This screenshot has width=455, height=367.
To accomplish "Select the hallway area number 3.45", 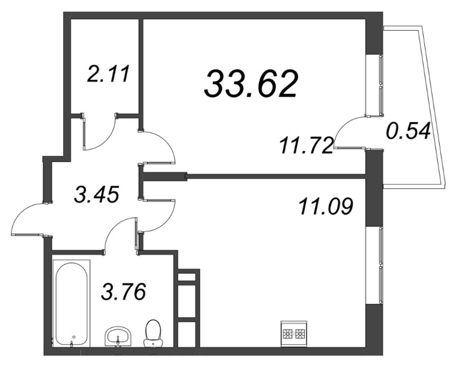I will [x=97, y=195].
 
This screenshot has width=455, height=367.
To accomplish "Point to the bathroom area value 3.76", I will [x=123, y=293].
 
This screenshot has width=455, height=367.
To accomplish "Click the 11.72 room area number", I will [x=305, y=145].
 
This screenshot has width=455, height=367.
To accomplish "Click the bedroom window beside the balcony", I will [x=380, y=85].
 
